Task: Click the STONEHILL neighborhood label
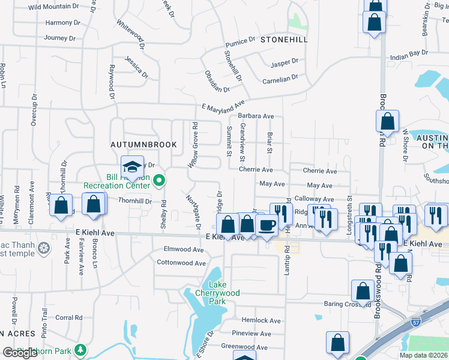[284, 40]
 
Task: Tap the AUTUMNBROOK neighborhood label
[143, 145]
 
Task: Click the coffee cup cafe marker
[266, 226]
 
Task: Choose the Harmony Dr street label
[59, 23]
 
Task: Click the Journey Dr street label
[60, 38]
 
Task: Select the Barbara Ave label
[256, 116]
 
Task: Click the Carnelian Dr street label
[280, 79]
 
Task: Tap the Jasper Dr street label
[285, 62]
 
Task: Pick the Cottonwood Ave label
[181, 263]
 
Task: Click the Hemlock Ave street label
[261, 321]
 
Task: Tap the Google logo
[20, 353]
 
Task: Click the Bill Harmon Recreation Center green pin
[158, 179]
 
